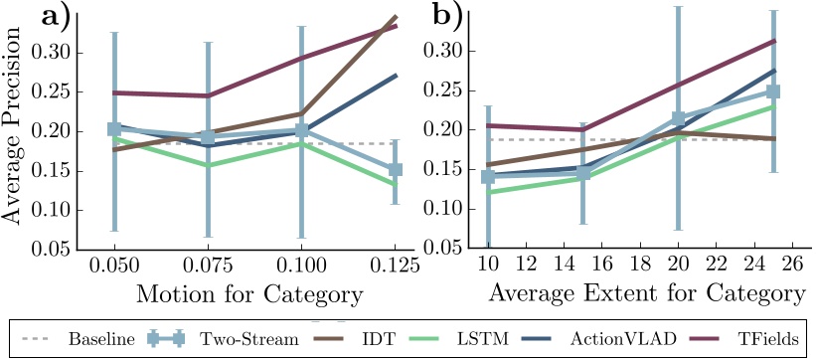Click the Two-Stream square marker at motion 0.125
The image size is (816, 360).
(x=396, y=170)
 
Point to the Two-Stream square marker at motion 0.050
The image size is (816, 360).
(x=114, y=129)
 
